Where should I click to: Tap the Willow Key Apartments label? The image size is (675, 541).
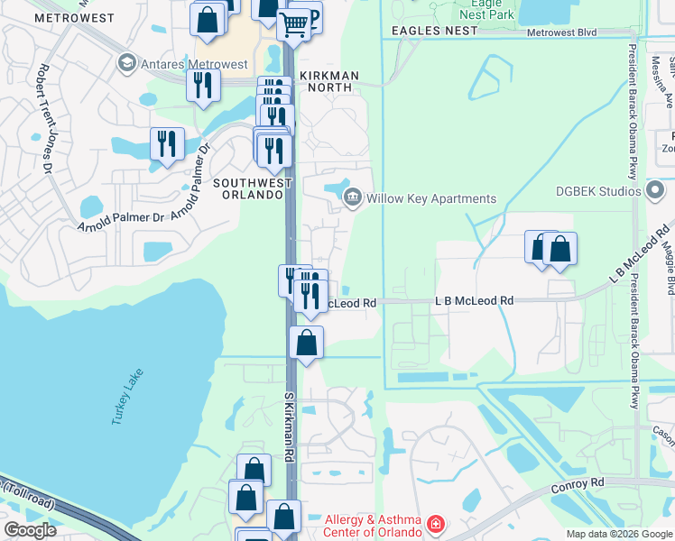[432, 198]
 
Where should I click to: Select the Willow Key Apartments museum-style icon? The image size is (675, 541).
[353, 197]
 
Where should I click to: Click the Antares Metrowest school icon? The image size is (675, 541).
[125, 63]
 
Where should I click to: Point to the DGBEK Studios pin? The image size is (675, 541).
[655, 190]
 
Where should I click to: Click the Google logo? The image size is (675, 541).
[30, 530]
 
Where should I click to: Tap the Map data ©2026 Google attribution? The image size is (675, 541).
[619, 534]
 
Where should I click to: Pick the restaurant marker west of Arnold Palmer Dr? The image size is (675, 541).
[167, 142]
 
